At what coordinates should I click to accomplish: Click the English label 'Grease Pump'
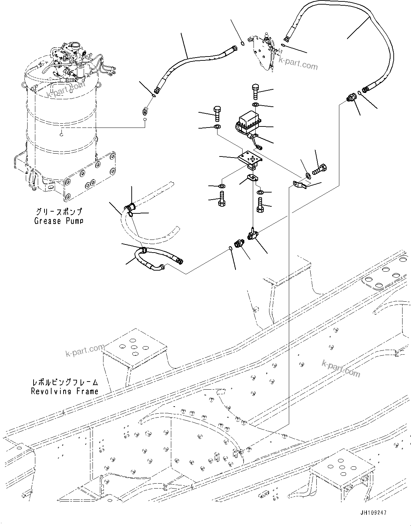coord(59,221)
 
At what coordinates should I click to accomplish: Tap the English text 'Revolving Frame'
coord(65,391)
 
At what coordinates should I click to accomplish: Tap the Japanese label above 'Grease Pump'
coord(59,212)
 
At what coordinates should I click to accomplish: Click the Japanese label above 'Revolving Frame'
coord(65,383)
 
